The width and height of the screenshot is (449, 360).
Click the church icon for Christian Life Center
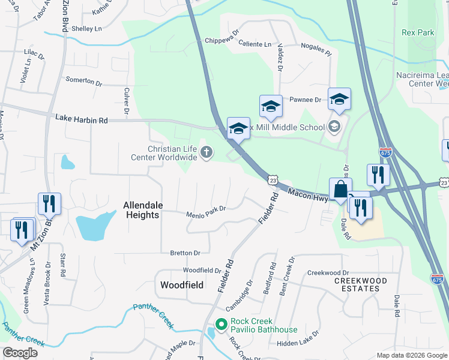(206, 152)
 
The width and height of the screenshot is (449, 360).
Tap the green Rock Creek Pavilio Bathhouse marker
(220, 325)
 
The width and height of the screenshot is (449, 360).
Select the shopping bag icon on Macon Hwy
(340, 188)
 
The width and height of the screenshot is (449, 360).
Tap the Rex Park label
(418, 33)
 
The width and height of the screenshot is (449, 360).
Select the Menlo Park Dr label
(205, 209)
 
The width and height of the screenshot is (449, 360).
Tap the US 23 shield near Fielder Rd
(273, 179)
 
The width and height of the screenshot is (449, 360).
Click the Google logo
(20, 353)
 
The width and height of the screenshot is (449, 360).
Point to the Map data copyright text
(412, 355)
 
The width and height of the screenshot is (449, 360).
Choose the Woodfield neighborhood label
(181, 284)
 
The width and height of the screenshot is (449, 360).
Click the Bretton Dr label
(185, 253)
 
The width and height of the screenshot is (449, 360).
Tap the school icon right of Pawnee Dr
(339, 100)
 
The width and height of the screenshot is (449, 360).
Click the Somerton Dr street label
(83, 80)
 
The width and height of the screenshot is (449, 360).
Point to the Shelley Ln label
(86, 29)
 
